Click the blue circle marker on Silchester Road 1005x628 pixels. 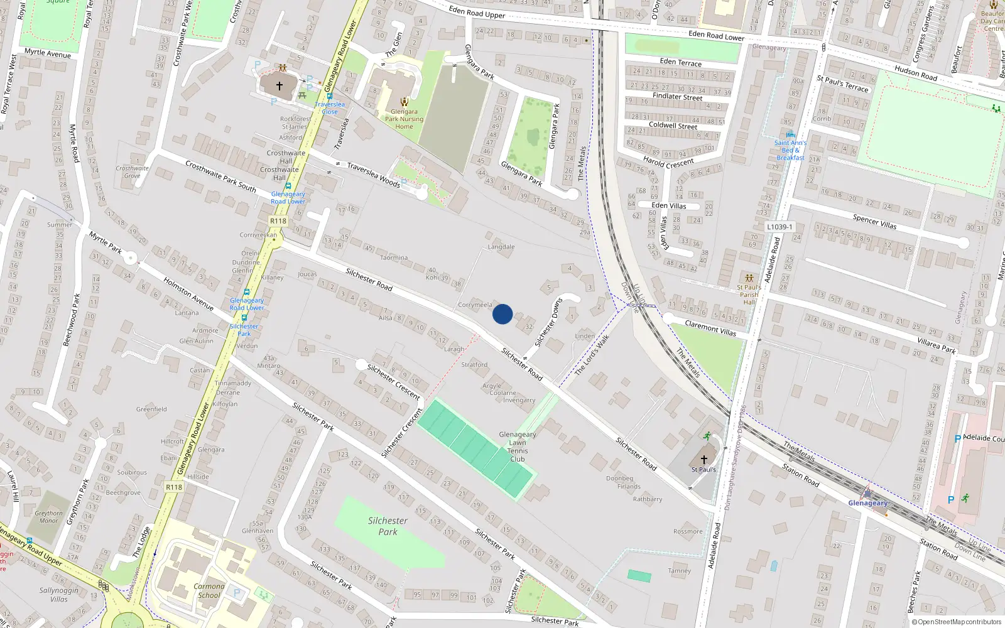point(503,314)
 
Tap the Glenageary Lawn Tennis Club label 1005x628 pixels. point(518,447)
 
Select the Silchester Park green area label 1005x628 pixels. point(388,526)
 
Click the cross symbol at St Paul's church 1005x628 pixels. point(704,460)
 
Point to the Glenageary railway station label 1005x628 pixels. point(868,503)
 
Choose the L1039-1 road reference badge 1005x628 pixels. point(780,227)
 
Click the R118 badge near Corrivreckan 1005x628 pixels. point(278,221)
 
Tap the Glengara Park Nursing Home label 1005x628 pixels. point(404,119)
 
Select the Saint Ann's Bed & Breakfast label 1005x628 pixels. point(790,150)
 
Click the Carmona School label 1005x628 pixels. point(209,591)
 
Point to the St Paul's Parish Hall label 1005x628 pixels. point(749,295)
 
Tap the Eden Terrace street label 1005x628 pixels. point(681,62)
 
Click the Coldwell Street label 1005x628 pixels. point(673,125)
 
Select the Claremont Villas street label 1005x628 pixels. point(710,328)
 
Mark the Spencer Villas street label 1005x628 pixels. point(874,221)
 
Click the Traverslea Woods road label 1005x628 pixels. point(374,175)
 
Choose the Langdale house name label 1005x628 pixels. point(501,247)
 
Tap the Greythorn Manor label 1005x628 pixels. point(48,517)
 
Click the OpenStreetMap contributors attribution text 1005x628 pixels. point(959,622)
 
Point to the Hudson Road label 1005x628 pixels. point(916,73)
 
